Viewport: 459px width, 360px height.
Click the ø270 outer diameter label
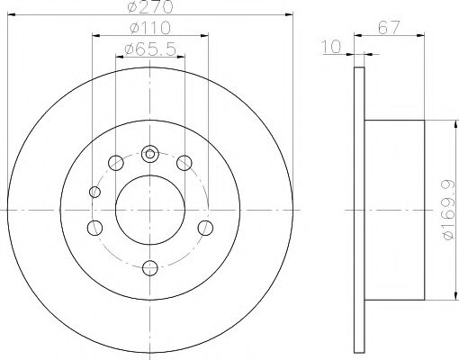point(150,6)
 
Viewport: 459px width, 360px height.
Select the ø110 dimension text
point(150,28)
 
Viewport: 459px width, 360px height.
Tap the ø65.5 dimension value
point(150,49)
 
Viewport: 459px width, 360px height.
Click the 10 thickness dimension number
point(331,47)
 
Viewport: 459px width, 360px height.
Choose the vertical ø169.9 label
point(449,210)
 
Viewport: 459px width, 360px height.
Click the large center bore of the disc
point(150,210)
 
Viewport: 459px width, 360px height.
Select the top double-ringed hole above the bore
point(149,154)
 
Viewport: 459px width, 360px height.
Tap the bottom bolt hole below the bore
point(150,268)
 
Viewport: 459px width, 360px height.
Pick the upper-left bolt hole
point(116,163)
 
